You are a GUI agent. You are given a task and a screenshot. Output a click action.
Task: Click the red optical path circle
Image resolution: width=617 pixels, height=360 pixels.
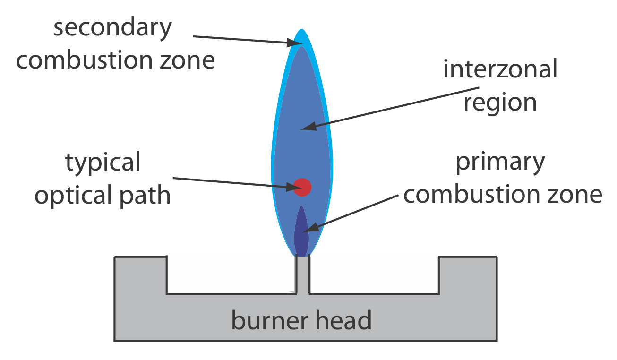coord(302,187)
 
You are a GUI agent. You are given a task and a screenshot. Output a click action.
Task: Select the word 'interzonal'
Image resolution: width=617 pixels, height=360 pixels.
coord(500,70)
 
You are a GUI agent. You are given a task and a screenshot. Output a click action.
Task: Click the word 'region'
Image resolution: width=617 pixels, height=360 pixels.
coord(500,102)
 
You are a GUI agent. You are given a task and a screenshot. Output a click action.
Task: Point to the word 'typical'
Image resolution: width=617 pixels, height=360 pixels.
coord(103,163)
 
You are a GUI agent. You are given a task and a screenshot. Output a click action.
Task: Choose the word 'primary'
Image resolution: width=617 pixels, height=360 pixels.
coord(500,163)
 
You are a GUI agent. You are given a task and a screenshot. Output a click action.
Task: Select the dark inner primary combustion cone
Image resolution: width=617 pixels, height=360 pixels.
coord(301,231)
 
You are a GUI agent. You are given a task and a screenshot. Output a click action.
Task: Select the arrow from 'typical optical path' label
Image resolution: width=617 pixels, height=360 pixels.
coord(231,183)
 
